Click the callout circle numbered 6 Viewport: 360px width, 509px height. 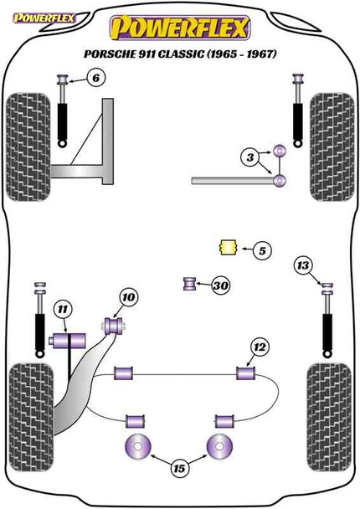[96, 79]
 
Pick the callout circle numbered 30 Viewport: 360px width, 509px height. [221, 286]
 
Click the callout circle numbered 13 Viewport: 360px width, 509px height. [303, 267]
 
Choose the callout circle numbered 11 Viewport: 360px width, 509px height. [62, 311]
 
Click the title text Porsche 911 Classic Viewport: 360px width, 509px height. [180, 54]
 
